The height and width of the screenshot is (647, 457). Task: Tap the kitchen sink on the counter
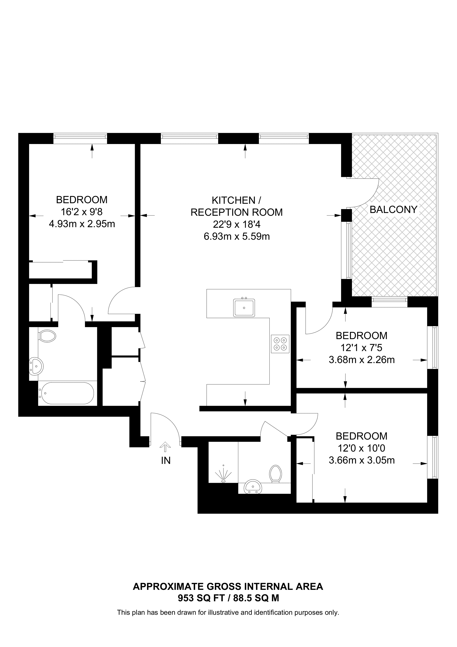coord(244,307)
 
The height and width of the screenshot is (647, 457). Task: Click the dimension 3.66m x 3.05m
coord(361,460)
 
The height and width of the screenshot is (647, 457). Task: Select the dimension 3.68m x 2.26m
coord(361,360)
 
